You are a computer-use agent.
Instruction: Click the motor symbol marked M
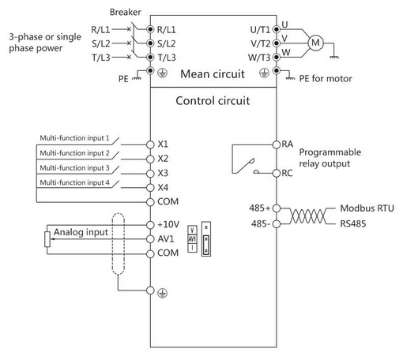pyautogui.click(x=315, y=43)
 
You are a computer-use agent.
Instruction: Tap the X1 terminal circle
pyautogui.click(x=150, y=144)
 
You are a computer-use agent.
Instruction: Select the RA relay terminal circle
pyautogui.click(x=277, y=144)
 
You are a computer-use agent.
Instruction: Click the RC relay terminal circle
pyautogui.click(x=277, y=173)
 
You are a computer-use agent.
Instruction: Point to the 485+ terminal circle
pyautogui.click(x=277, y=208)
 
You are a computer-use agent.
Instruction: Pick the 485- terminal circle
pyautogui.click(x=277, y=224)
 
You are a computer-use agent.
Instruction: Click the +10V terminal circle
pyautogui.click(x=150, y=225)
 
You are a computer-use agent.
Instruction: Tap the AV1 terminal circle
pyautogui.click(x=150, y=239)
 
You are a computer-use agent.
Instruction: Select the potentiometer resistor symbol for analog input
pyautogui.click(x=47, y=239)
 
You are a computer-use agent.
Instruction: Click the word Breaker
pyautogui.click(x=125, y=12)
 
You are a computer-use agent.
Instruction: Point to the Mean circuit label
pyautogui.click(x=213, y=74)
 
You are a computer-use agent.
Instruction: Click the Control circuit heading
pyautogui.click(x=213, y=101)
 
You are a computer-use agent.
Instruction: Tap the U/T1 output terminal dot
pyautogui.click(x=277, y=29)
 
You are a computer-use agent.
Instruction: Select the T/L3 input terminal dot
pyautogui.click(x=150, y=57)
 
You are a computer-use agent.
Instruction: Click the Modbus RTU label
pyautogui.click(x=367, y=208)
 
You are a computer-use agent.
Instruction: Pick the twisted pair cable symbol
pyautogui.click(x=308, y=216)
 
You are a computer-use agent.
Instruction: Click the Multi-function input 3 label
pyautogui.click(x=74, y=167)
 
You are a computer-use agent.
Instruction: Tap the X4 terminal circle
pyautogui.click(x=150, y=188)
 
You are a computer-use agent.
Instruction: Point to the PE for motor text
pyautogui.click(x=326, y=78)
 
